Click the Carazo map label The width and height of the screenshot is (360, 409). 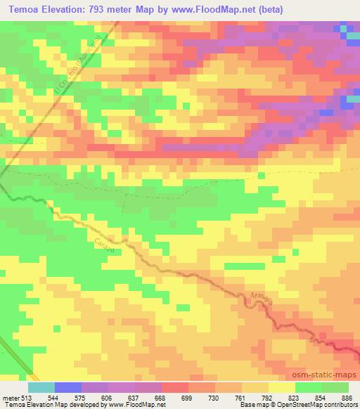pos(103,245)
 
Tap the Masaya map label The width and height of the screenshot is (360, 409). pos(262,298)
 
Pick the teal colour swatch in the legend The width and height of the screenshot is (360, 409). pos(41,387)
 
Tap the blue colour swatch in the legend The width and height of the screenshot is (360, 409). pos(68,387)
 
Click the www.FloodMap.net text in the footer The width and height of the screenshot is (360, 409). pos(136,405)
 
